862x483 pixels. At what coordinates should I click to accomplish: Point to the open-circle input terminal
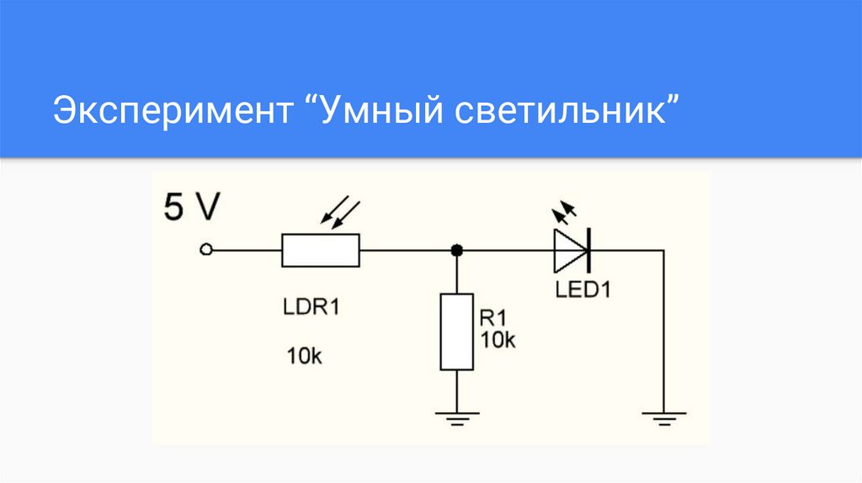pos(205,250)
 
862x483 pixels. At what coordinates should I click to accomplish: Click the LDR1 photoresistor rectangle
pos(321,250)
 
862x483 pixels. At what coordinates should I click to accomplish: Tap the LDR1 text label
pos(311,307)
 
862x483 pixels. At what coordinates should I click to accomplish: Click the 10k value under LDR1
pos(304,356)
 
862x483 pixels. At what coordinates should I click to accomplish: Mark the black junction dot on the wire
pos(456,250)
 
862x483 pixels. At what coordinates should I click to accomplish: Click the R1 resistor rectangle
pos(456,331)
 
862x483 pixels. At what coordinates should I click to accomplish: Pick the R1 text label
pos(492,318)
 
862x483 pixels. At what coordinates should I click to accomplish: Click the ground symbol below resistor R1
pos(456,416)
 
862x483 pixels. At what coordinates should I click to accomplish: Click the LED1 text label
pos(583,290)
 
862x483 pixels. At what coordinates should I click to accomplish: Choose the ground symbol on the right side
pos(663,416)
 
